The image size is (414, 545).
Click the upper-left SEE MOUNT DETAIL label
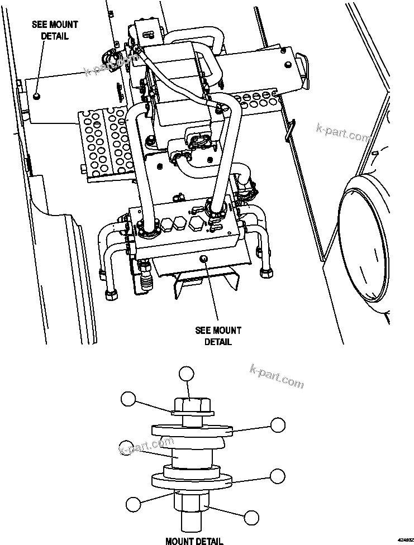[x=55, y=30]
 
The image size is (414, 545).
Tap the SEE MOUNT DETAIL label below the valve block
[x=218, y=336]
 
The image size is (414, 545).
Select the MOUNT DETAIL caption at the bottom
[x=194, y=540]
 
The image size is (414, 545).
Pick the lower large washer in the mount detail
[x=192, y=481]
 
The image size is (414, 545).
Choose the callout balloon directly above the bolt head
[x=186, y=374]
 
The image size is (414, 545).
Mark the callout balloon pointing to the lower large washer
[x=278, y=475]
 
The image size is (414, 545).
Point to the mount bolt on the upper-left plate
[x=37, y=96]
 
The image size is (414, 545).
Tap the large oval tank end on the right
[x=363, y=243]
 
